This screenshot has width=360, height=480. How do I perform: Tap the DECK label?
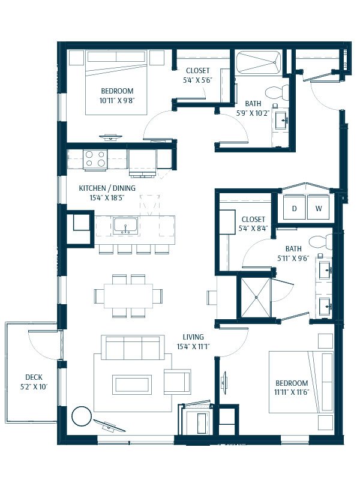coord(34,377)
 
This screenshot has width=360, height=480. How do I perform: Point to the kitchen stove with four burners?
coord(95,159)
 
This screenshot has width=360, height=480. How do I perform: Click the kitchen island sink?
coord(125,226)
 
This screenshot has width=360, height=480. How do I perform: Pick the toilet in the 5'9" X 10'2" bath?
coord(277,93)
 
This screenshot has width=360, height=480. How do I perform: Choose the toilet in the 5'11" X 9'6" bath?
coord(320,242)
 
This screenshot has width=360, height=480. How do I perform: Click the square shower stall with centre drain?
coord(256,297)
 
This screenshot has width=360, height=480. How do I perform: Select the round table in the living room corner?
coord(82,416)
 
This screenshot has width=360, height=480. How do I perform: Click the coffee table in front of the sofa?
coord(132,384)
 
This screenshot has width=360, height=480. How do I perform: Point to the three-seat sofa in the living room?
coord(133,347)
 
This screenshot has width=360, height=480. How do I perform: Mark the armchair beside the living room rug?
coord(177,382)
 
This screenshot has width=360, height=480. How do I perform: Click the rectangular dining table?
coord(128,296)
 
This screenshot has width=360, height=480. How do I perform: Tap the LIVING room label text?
coord(193,337)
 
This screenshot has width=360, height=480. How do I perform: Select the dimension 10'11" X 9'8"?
coord(117,100)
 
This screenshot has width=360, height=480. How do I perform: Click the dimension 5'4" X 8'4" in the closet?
coord(253,228)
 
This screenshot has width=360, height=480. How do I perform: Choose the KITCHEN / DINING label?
coord(107,188)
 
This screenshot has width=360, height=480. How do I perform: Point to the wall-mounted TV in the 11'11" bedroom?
coord(224,380)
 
